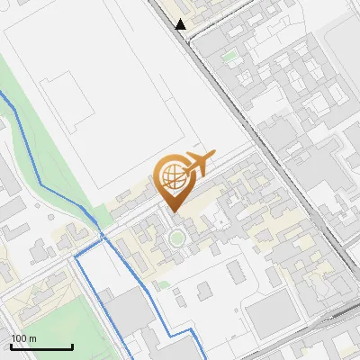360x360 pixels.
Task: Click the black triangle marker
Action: tap(181, 24)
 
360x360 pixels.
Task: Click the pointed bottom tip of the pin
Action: tap(175, 211)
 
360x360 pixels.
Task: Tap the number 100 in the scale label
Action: tap(17, 338)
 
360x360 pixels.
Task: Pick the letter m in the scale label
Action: tap(31, 338)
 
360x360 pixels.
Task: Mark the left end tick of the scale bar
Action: tap(11, 346)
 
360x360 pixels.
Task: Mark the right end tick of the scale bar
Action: tap(72, 346)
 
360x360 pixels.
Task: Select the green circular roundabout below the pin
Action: tap(177, 238)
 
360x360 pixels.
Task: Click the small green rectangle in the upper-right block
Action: tap(231, 57)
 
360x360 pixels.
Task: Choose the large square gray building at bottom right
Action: tap(270, 315)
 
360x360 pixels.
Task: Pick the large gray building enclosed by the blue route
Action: tap(126, 310)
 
